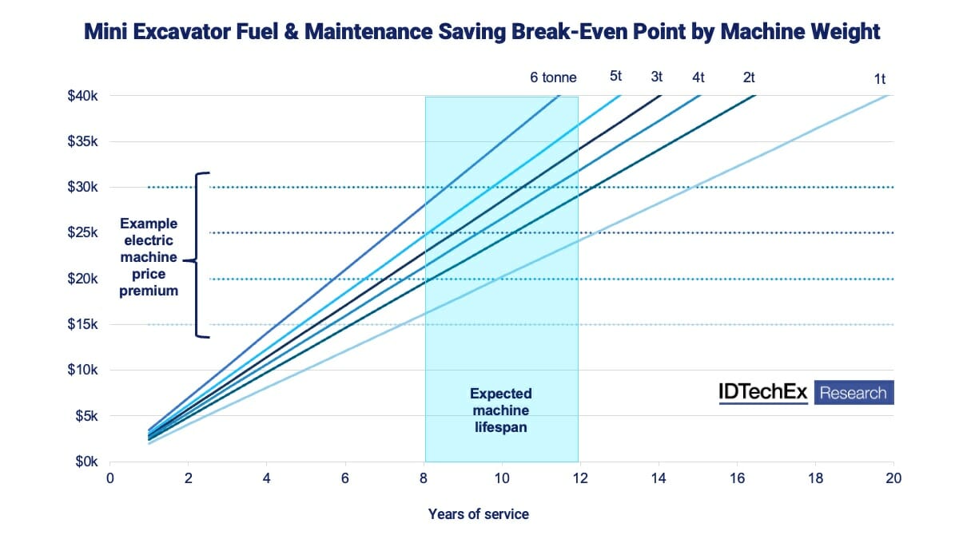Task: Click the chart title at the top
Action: [479, 31]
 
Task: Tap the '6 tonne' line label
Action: [553, 77]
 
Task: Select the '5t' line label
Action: [615, 76]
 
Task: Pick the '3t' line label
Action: [656, 77]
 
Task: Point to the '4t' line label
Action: [698, 77]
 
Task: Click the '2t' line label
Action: [749, 77]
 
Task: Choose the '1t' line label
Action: [880, 78]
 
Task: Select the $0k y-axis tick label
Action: [85, 462]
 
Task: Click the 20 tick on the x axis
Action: [893, 478]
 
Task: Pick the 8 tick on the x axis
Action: [424, 478]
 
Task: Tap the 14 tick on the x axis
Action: [659, 478]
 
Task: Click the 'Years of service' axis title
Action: [478, 513]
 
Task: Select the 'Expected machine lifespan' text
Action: [500, 410]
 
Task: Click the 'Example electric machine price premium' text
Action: [149, 257]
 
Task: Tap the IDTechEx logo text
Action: [763, 393]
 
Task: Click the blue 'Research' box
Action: [854, 393]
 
